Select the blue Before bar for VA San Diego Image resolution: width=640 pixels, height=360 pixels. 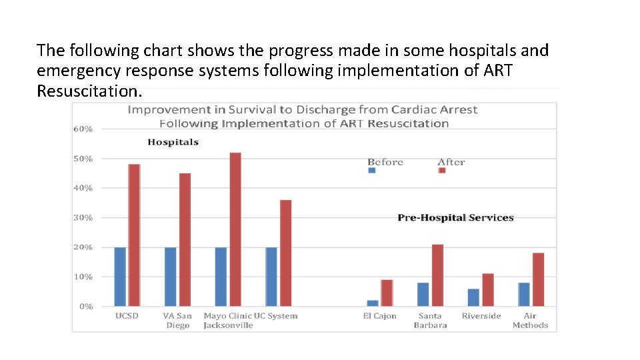pos(171,277)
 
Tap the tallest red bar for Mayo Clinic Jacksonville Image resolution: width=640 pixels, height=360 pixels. pos(235,229)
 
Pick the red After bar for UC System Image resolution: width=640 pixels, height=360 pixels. pos(285,253)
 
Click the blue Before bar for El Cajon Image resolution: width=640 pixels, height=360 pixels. pos(372,303)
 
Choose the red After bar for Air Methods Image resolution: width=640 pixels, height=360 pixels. pos(539,279)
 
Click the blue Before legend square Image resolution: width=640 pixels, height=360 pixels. pos(372,170)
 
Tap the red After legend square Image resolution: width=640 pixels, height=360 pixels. pos(442,170)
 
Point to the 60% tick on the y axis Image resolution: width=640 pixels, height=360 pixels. pos(83,129)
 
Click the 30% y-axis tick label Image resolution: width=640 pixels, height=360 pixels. pos(83,218)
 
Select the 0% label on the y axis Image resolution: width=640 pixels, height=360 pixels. pos(85,307)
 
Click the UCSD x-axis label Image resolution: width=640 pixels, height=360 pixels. pos(127,316)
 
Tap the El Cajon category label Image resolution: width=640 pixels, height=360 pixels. pos(379,316)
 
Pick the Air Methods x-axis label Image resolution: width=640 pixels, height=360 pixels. pos(530,321)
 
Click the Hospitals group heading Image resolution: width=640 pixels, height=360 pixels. pos(173,142)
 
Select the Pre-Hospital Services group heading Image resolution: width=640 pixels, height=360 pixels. pos(455,217)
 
